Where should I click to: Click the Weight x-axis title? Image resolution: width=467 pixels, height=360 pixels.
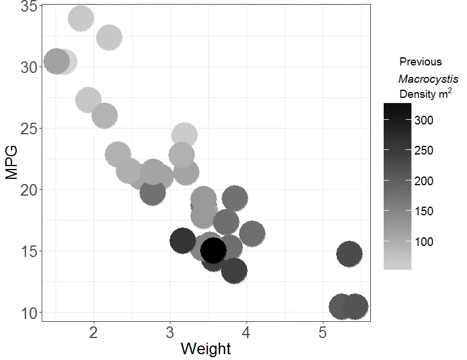click(205, 349)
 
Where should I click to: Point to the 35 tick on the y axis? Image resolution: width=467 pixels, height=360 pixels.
click(29, 7)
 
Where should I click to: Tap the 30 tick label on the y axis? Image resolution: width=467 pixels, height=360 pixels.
click(29, 67)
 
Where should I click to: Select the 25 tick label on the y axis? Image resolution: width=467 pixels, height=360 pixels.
click(29, 128)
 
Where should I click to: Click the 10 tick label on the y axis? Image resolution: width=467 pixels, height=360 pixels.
click(29, 313)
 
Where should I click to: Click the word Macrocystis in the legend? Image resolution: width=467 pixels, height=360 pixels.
click(428, 78)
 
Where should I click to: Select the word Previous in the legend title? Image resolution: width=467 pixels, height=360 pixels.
click(420, 62)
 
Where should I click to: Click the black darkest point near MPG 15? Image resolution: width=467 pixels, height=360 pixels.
click(213, 250)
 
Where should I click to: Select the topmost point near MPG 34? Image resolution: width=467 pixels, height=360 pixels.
click(81, 19)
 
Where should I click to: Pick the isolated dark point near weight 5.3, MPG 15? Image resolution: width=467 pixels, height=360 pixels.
click(349, 254)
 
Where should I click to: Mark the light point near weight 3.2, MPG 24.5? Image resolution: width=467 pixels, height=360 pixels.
click(184, 135)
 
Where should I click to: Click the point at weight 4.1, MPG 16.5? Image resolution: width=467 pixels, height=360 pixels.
click(252, 234)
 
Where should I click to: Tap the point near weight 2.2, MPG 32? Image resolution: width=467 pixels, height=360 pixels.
click(109, 38)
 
